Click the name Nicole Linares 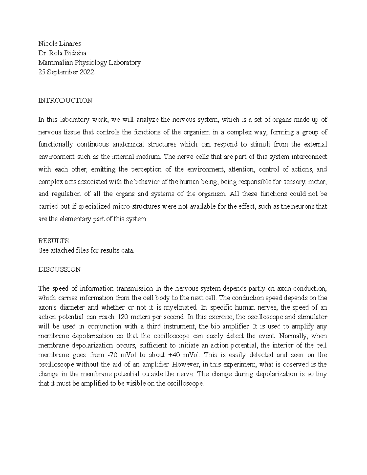59,43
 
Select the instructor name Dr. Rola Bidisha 62,53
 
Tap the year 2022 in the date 87,72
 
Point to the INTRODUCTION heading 65,101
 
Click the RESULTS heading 53,241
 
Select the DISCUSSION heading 59,269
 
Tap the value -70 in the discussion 115,355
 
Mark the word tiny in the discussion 321,374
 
